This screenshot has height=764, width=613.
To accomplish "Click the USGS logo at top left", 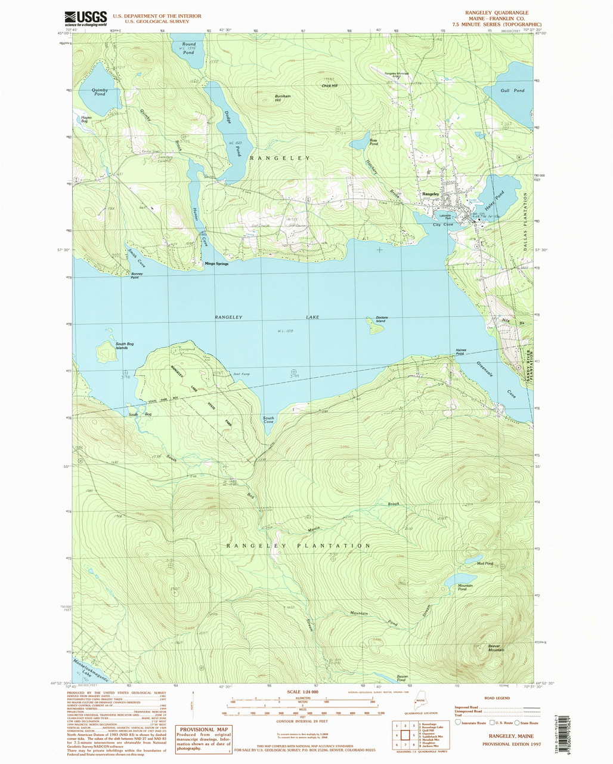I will tap(85, 18).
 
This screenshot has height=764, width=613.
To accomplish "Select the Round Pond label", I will tap(188, 48).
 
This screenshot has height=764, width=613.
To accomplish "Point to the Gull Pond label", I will tap(513, 90).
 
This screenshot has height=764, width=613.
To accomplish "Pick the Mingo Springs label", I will tap(216, 263).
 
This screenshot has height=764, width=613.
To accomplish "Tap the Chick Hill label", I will tap(329, 85).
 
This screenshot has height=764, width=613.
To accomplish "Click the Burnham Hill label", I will tap(281, 98).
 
